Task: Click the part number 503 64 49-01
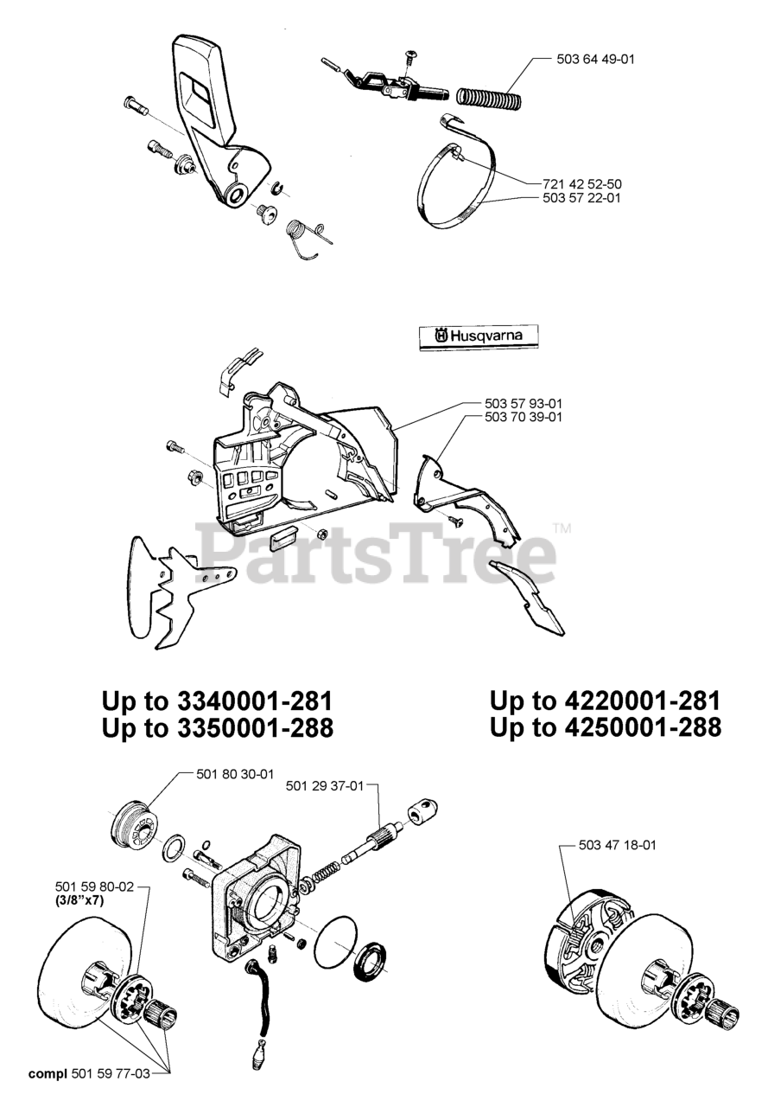[595, 60]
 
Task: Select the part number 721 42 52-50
[582, 184]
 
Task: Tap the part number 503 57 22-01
[582, 198]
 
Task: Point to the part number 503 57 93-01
[524, 404]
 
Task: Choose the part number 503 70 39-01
[524, 417]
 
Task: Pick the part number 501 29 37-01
[325, 800]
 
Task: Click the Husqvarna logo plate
[479, 337]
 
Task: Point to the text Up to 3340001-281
[217, 701]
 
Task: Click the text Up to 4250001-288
[606, 728]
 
